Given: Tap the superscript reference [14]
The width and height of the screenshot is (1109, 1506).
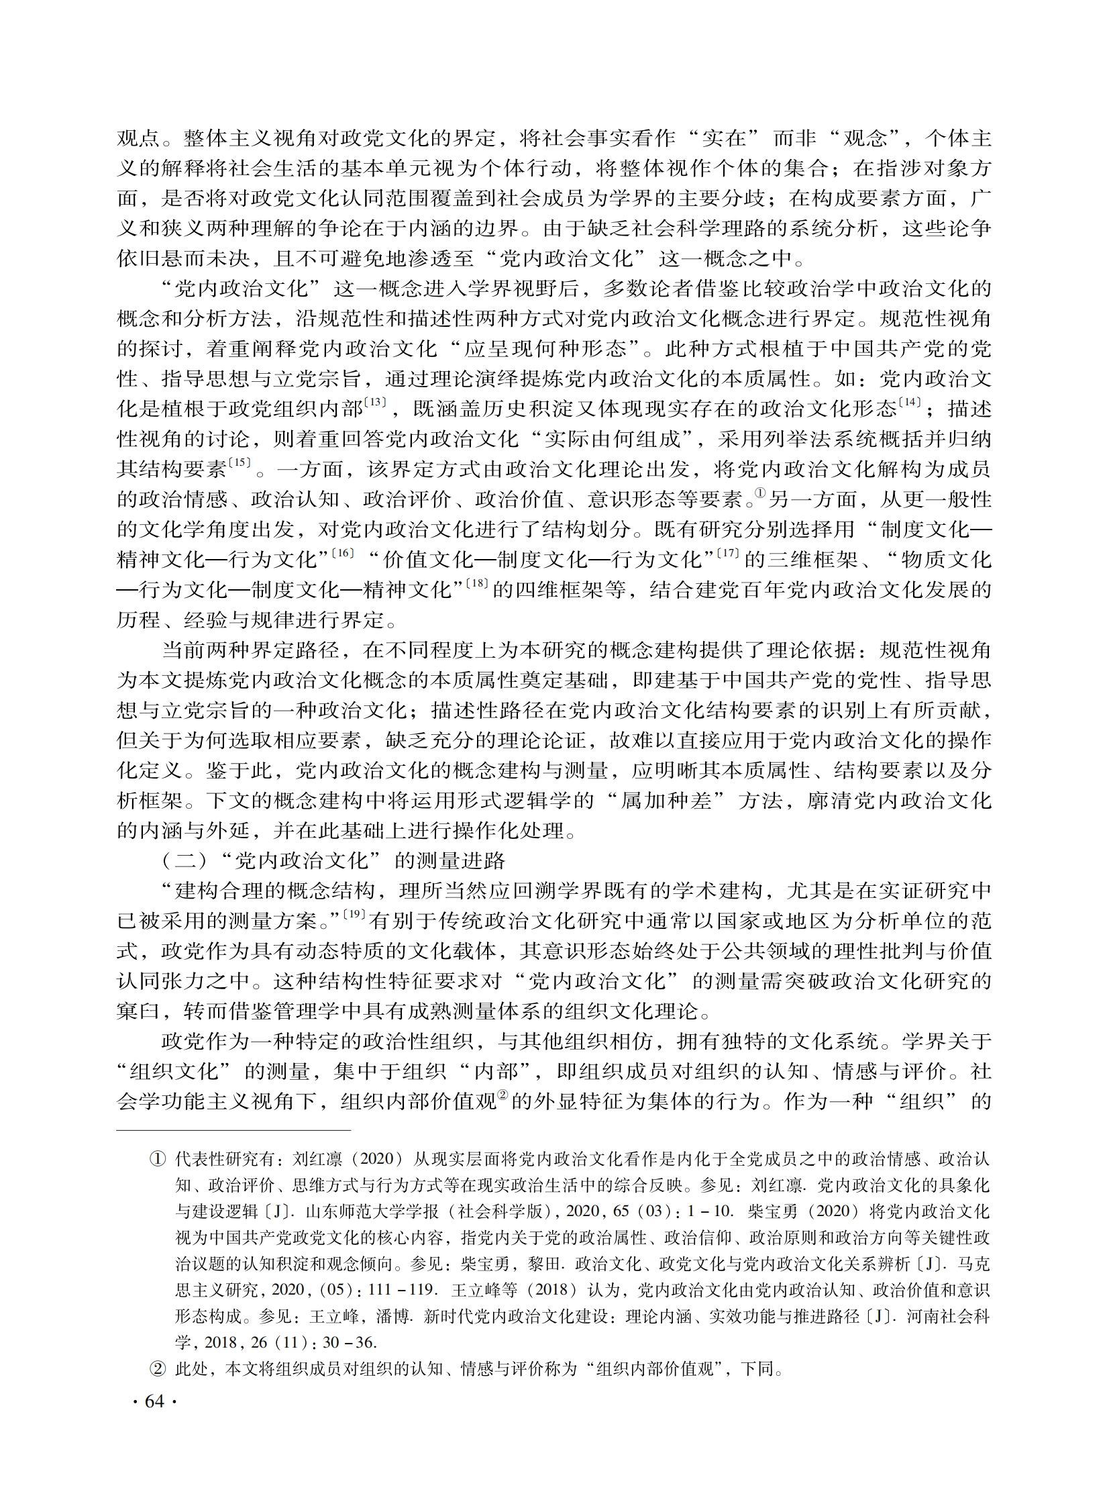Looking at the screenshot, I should pos(910,402).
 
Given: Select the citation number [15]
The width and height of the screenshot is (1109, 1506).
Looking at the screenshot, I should pos(240,462).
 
